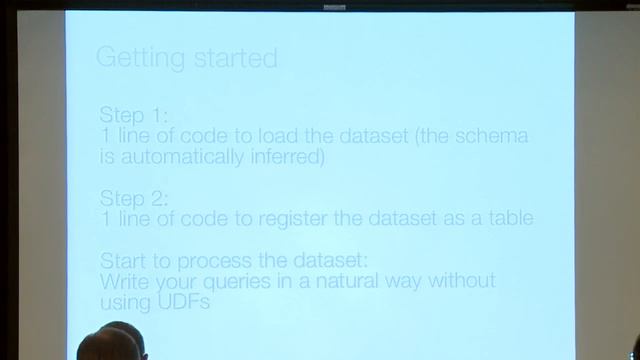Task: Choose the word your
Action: pyautogui.click(x=170, y=283)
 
